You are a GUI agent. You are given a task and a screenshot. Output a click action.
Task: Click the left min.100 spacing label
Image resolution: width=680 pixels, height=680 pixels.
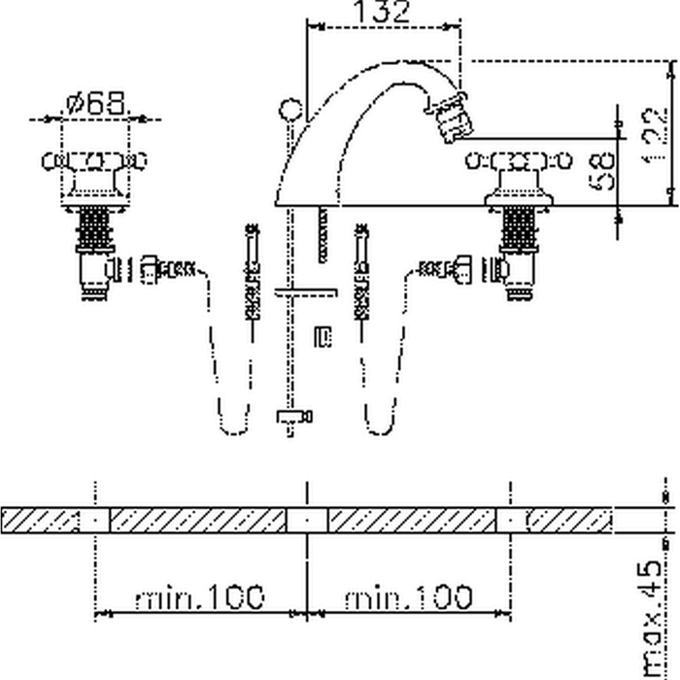click(x=199, y=596)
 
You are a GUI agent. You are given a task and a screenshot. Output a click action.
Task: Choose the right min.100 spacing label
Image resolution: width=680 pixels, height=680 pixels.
click(x=408, y=596)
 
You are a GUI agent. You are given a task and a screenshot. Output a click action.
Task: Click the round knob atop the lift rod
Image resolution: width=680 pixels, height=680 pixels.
click(x=288, y=106)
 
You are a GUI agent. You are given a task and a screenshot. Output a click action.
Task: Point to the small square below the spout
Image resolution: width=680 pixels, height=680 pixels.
click(x=323, y=336)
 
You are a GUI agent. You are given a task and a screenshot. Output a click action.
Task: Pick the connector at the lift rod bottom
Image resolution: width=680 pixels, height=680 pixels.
click(x=293, y=417)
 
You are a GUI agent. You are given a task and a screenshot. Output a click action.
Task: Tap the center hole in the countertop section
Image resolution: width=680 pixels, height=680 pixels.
click(x=307, y=520)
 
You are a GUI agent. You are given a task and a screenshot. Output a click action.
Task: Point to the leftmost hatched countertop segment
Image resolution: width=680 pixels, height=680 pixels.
click(x=39, y=520)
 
